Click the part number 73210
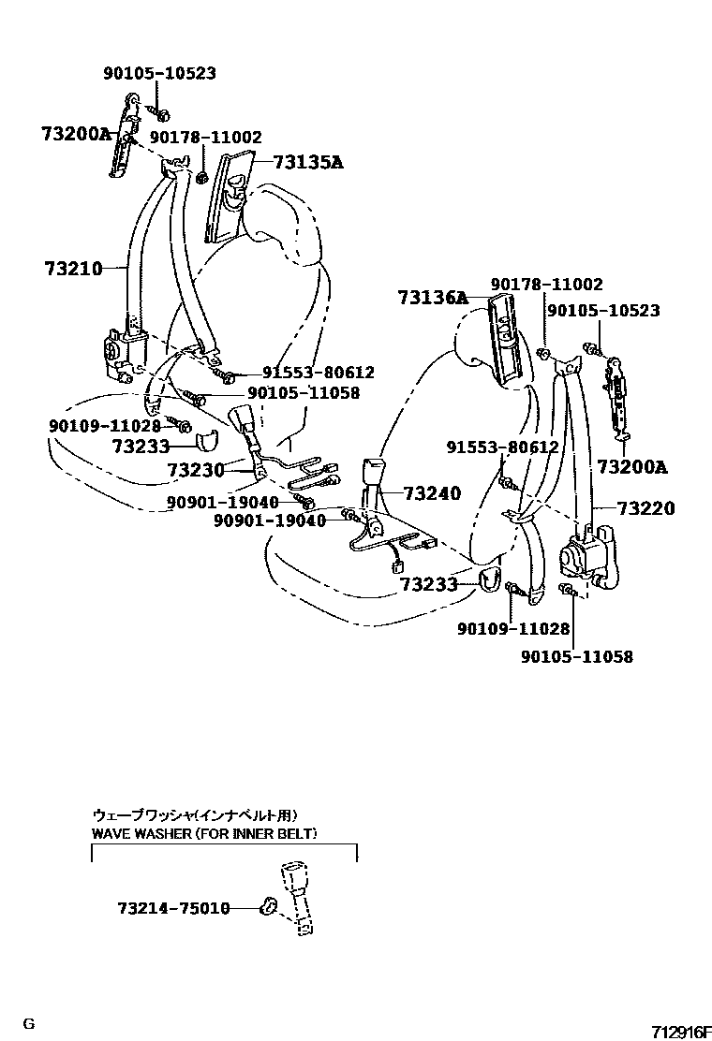(72, 269)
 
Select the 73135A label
(308, 162)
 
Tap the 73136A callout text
(432, 298)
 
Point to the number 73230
(196, 469)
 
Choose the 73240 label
(432, 492)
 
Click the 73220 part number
(645, 508)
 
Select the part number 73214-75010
(173, 908)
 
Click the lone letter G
(29, 1023)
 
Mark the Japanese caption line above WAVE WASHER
(200, 814)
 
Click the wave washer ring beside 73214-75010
(267, 905)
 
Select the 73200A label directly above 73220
(631, 466)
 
